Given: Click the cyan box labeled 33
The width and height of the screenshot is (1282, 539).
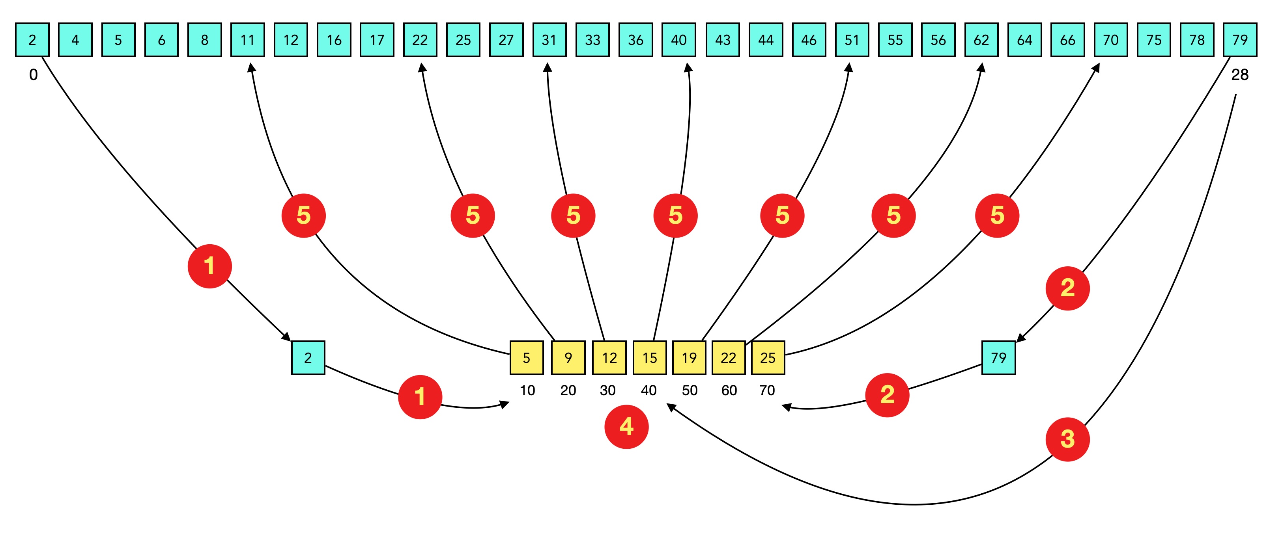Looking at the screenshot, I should pos(592,40).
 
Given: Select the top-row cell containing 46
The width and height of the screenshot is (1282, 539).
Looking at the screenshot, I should pos(808,40).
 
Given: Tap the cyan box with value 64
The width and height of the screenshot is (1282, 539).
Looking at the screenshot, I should pos(1024,40).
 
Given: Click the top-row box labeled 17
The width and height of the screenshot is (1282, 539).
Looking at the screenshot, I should pos(377,40).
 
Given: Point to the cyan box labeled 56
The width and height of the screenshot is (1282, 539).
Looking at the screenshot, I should pos(938,40).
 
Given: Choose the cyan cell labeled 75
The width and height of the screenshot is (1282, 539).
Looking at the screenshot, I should pos(1153,40).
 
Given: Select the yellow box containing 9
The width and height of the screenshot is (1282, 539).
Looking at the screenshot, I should pos(568,357).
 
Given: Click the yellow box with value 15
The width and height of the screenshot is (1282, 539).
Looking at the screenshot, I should pos(649,357).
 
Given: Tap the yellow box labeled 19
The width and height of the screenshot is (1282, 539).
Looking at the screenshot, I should pos(689,357).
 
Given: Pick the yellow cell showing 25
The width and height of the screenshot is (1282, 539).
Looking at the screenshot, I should pos(767,357).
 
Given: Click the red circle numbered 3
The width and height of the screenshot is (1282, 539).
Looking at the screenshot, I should pos(1067,439).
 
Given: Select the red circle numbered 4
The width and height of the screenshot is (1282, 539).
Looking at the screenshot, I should pos(626,427).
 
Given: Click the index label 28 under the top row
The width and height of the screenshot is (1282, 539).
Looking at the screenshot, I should pos(1239,74).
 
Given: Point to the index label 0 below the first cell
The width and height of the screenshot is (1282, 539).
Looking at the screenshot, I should pos(34,74).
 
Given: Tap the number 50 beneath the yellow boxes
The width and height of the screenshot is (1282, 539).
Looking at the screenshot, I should pos(689,390).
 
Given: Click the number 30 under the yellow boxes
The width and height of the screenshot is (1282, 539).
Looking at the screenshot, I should pos(607,390).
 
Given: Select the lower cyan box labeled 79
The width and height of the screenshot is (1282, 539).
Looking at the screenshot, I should pos(998,357).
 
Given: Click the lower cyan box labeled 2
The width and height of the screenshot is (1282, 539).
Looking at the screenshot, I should pos(308,357).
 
